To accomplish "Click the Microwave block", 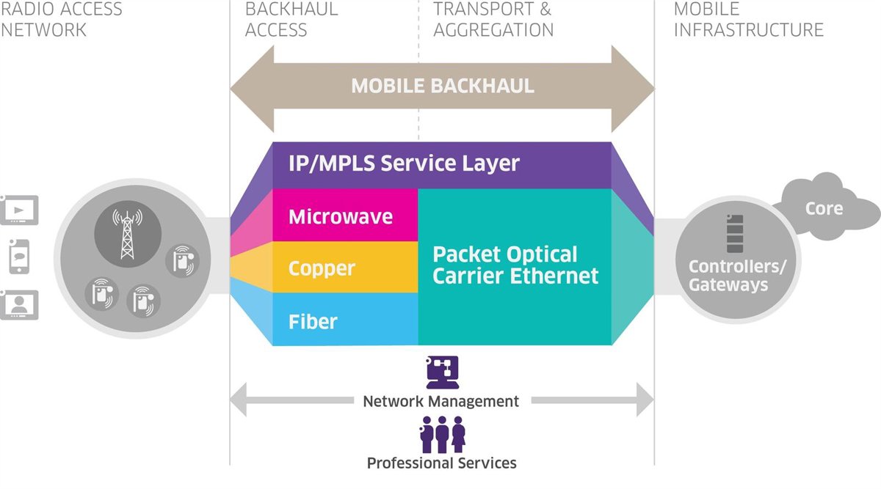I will (x=341, y=217).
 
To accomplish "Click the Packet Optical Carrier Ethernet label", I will (x=515, y=265).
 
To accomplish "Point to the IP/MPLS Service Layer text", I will (x=404, y=163).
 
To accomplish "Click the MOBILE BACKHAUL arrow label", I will (x=443, y=87).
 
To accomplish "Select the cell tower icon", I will (x=128, y=234).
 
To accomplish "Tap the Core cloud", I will (x=824, y=208).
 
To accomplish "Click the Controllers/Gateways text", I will (x=737, y=275).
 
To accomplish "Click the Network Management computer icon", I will (x=442, y=372).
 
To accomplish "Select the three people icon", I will (x=442, y=434).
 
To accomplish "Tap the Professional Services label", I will (x=441, y=463).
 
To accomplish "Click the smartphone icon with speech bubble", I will (x=18, y=256).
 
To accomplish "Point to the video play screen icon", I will (x=19, y=210).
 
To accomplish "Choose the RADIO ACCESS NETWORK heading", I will (x=60, y=20).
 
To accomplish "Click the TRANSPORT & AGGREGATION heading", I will (x=493, y=20).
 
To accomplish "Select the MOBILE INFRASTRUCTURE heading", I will (x=748, y=20).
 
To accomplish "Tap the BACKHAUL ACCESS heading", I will (x=291, y=20).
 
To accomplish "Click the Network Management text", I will (x=441, y=402).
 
